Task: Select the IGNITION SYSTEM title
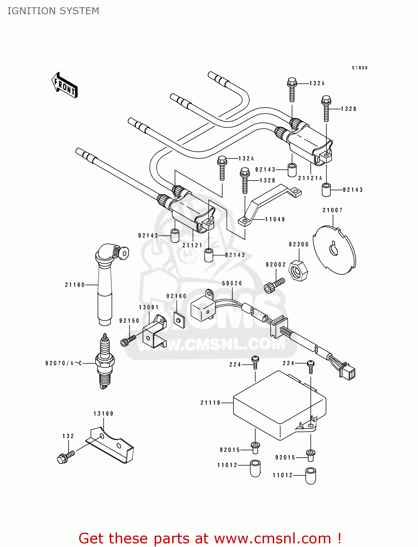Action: [53, 11]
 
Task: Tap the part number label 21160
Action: [75, 285]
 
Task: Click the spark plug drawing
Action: [105, 361]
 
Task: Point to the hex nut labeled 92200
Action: [298, 271]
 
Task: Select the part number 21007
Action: [332, 210]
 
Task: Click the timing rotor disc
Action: [334, 250]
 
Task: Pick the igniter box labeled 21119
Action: [279, 405]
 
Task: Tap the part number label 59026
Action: [232, 283]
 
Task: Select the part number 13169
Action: [103, 414]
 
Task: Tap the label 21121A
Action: [310, 178]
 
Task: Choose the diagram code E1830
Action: [360, 68]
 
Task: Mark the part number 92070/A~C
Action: [63, 363]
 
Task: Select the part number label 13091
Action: [148, 307]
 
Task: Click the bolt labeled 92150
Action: [128, 341]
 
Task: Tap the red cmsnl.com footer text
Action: [210, 538]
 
